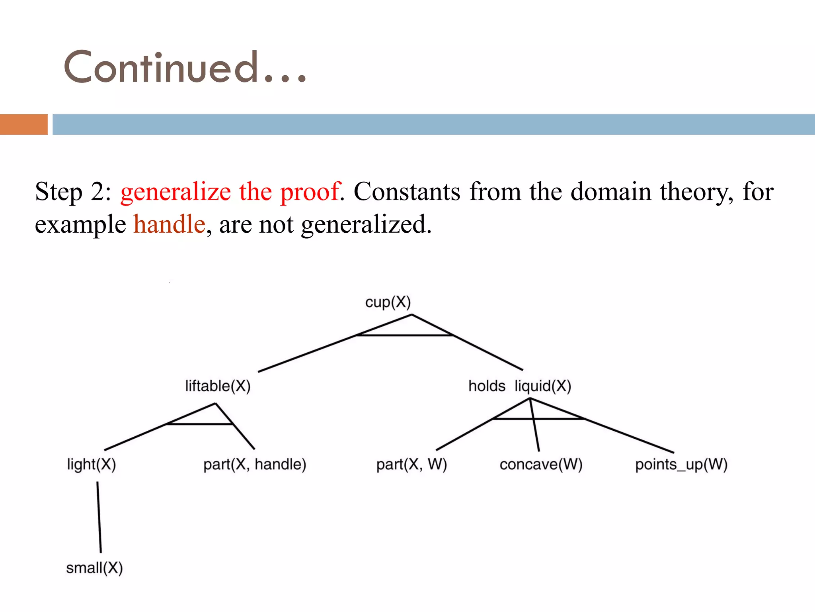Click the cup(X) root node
pyautogui.click(x=388, y=302)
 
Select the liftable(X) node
pyautogui.click(x=218, y=386)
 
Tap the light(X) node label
pyautogui.click(x=91, y=465)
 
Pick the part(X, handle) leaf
pyautogui.click(x=255, y=465)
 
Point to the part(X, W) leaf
pyautogui.click(x=411, y=465)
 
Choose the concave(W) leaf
pyautogui.click(x=541, y=465)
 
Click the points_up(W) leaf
pyautogui.click(x=681, y=465)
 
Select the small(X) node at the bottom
pyautogui.click(x=94, y=568)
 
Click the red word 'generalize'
pyautogui.click(x=175, y=192)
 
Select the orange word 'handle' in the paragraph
pyautogui.click(x=169, y=224)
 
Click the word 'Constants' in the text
pyautogui.click(x=407, y=192)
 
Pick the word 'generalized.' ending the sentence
pyautogui.click(x=366, y=225)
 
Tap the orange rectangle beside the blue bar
pyautogui.click(x=24, y=124)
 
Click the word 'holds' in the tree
pyautogui.click(x=486, y=386)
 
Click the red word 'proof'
pyautogui.click(x=310, y=192)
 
